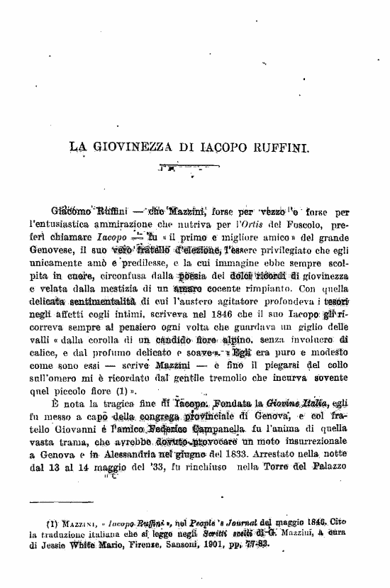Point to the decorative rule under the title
tap(182, 169)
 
